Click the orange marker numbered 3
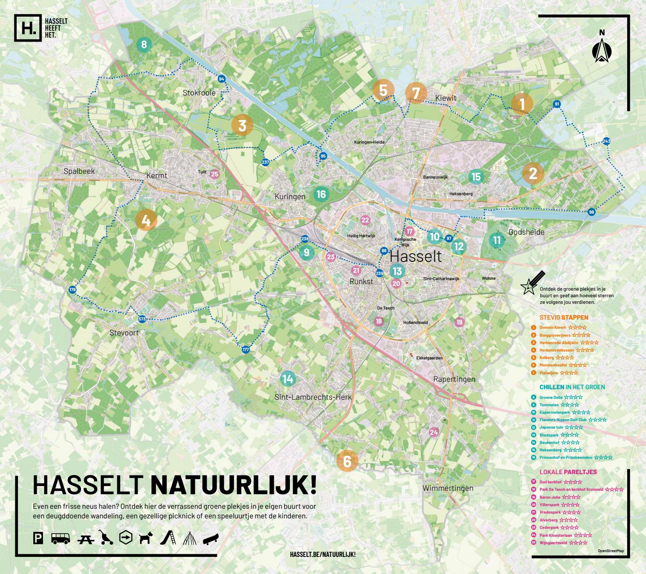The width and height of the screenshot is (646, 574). click(x=242, y=126)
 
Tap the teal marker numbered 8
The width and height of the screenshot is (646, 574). click(x=144, y=44)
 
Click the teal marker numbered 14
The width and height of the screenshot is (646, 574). click(x=287, y=379)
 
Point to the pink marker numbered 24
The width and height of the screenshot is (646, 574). click(x=434, y=432)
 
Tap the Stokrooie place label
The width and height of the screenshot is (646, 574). click(x=199, y=93)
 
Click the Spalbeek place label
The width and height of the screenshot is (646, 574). click(x=79, y=171)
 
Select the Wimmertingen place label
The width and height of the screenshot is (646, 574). click(x=448, y=488)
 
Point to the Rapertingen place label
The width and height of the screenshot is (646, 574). click(x=454, y=379)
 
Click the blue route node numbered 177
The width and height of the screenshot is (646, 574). click(x=245, y=349)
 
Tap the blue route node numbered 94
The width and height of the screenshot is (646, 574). click(x=221, y=79)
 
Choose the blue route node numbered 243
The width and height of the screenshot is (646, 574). click(x=606, y=141)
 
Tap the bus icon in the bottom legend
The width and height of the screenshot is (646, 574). click(x=60, y=538)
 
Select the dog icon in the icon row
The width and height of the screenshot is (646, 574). click(x=146, y=538)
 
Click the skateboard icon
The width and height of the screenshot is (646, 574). click(x=210, y=538)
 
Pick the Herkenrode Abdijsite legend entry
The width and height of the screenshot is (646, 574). click(x=558, y=343)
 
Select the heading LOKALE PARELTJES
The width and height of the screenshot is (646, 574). click(x=568, y=472)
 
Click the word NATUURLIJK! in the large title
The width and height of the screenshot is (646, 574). click(x=233, y=485)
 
